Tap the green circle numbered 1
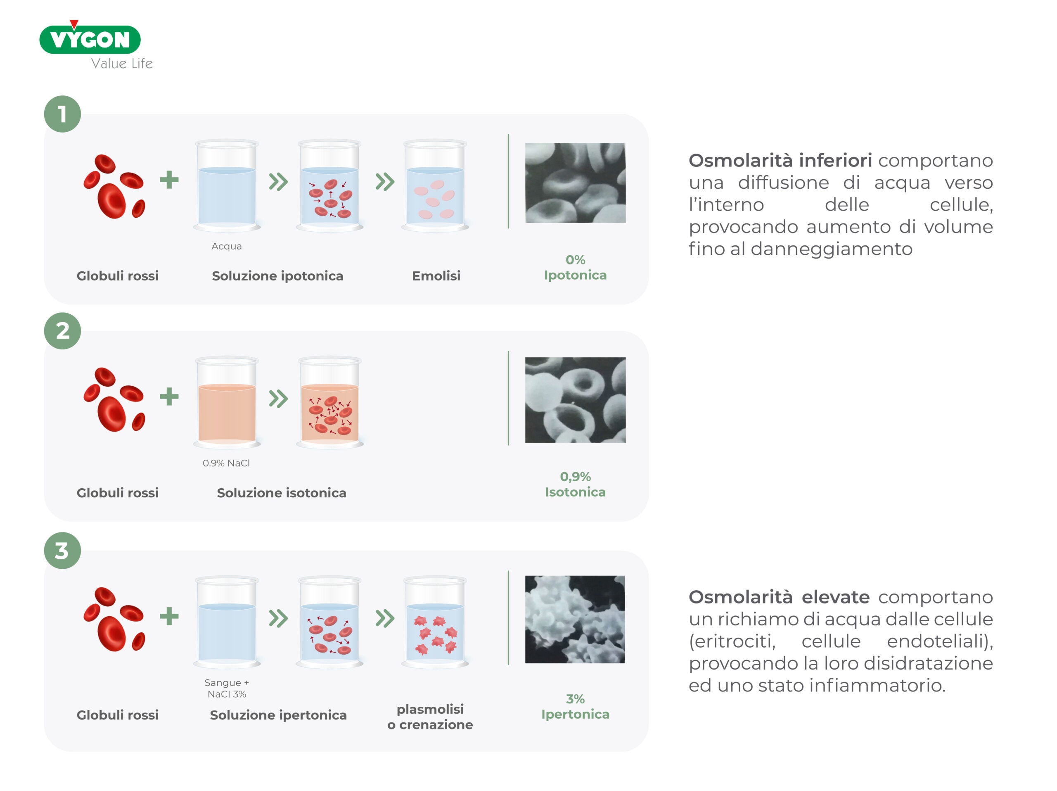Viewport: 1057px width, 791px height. click(x=63, y=114)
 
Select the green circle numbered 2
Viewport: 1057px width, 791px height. click(x=63, y=331)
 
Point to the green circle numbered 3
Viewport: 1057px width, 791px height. click(x=63, y=551)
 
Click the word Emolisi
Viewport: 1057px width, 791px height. click(x=436, y=276)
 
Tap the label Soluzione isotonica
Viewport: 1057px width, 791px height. click(x=282, y=493)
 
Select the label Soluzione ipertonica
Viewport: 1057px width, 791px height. click(x=278, y=715)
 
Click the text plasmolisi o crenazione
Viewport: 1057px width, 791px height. click(x=430, y=717)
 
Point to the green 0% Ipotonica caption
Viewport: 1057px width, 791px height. click(x=575, y=267)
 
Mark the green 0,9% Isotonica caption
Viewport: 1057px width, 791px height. click(x=575, y=484)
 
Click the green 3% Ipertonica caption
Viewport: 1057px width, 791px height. click(x=575, y=706)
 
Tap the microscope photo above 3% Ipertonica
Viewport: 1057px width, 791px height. click(x=575, y=620)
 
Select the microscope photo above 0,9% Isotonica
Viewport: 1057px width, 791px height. click(x=575, y=400)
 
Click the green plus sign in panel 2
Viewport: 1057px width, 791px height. click(x=169, y=397)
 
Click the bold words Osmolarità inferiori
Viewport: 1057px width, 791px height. click(x=780, y=161)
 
